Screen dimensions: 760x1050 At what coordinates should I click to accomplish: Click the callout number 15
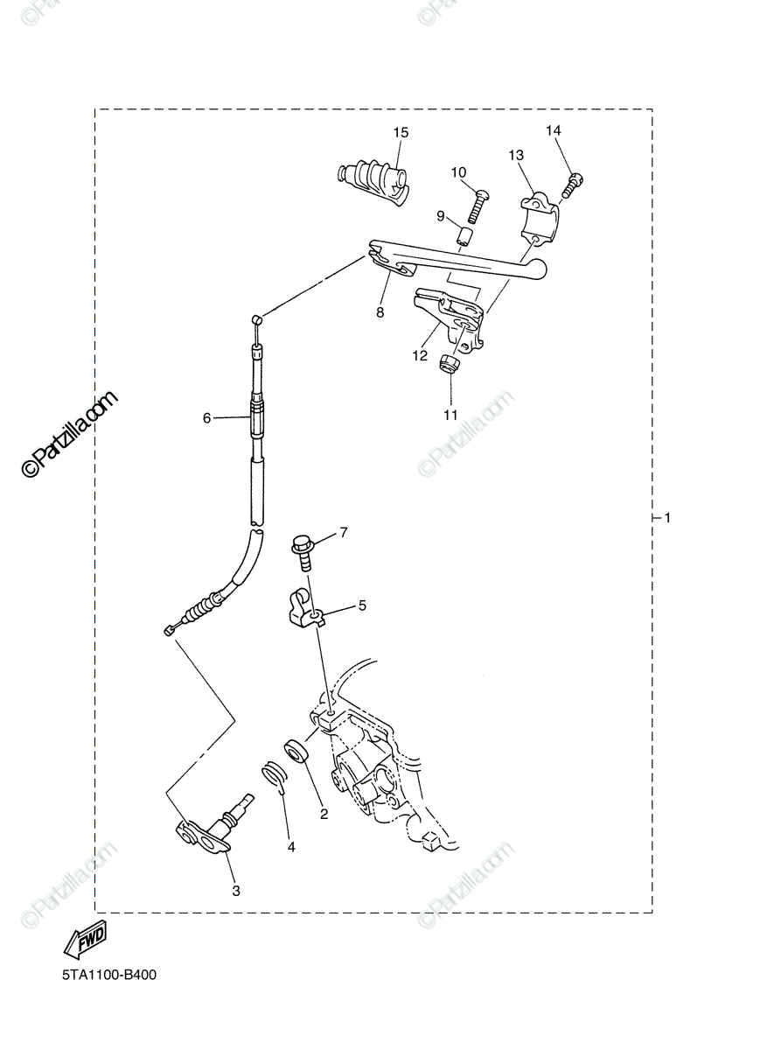tap(401, 133)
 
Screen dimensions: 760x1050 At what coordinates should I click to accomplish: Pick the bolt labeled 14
tap(574, 186)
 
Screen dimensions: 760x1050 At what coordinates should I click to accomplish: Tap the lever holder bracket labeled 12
tap(450, 321)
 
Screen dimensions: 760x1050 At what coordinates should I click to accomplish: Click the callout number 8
tap(380, 312)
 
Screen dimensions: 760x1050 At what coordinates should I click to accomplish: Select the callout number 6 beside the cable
tap(206, 417)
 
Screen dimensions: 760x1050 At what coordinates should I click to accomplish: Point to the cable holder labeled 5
tap(305, 611)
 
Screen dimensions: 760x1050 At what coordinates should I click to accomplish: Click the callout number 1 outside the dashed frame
tap(667, 518)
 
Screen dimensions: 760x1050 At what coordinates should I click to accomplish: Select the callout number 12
tap(420, 356)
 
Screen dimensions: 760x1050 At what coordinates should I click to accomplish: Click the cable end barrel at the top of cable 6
tap(256, 320)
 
